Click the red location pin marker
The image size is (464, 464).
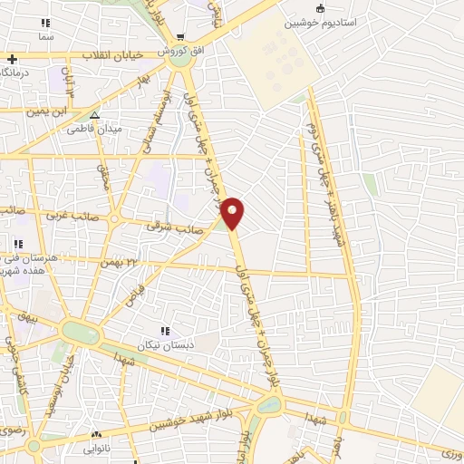tap(233, 212)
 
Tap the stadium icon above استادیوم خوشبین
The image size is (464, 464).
tap(320, 7)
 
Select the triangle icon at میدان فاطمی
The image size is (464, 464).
tap(94, 115)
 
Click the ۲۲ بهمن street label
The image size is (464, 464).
tap(123, 262)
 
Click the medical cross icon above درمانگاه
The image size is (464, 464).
tap(11, 59)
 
